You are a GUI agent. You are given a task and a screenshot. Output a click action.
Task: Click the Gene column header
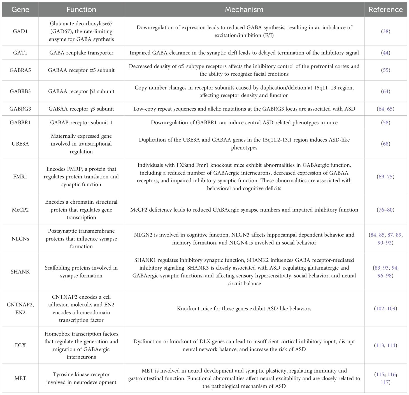(x=20, y=10)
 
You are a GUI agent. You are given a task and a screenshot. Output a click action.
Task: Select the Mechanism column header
(x=244, y=10)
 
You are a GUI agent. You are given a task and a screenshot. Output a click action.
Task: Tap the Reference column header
(x=385, y=10)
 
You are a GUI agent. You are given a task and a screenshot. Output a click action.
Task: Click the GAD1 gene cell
(x=20, y=31)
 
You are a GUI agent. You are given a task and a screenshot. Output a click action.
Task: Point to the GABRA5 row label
(x=20, y=70)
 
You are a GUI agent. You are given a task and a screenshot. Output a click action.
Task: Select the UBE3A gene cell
(x=20, y=144)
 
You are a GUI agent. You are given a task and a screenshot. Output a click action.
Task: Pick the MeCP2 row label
(x=20, y=210)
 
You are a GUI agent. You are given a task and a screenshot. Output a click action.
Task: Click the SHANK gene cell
(x=20, y=272)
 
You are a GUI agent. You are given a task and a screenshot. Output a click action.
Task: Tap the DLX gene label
(x=20, y=345)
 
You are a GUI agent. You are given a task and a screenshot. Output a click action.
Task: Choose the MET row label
(x=20, y=378)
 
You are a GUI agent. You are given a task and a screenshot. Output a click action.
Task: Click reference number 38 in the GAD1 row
(x=386, y=31)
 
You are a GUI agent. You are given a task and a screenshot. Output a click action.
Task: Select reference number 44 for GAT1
(x=386, y=53)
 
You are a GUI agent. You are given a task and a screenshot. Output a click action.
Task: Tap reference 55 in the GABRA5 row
(x=386, y=70)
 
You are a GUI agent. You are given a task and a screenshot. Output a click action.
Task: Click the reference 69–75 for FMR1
(x=386, y=177)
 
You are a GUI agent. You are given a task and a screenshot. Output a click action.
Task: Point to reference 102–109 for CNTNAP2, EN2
(x=386, y=309)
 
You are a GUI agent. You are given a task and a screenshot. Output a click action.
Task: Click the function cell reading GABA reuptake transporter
(x=81, y=53)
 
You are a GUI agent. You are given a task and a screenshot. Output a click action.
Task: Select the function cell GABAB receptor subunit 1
(x=81, y=122)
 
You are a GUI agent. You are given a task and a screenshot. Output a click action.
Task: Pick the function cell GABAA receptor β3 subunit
(x=81, y=91)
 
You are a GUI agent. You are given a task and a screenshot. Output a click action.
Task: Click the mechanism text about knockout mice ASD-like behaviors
(x=244, y=309)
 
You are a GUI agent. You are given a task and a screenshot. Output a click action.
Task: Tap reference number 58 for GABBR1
(x=386, y=122)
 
